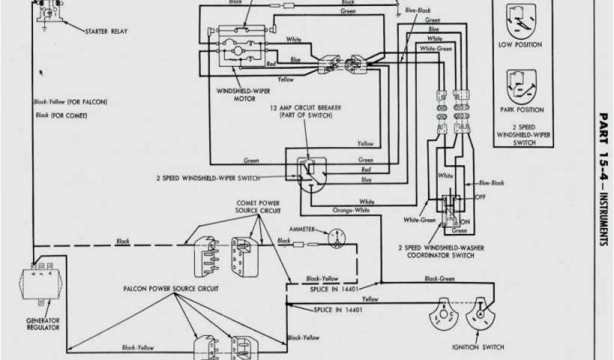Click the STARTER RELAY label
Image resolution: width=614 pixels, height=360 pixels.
pyautogui.click(x=106, y=31)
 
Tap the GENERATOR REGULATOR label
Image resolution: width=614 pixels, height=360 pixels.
pyautogui.click(x=43, y=324)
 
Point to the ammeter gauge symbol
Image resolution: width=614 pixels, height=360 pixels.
pyautogui.click(x=336, y=238)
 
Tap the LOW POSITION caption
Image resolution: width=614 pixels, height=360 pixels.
pyautogui.click(x=520, y=44)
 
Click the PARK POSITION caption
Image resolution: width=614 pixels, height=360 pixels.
pyautogui.click(x=522, y=110)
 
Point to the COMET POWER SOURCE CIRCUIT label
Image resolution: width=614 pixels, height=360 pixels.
pyautogui.click(x=258, y=207)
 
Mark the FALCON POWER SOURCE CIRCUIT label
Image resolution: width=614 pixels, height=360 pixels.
pyautogui.click(x=171, y=289)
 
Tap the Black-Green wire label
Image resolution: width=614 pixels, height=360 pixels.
pyautogui.click(x=440, y=278)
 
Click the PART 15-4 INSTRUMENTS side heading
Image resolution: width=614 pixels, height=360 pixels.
pyautogui.click(x=602, y=177)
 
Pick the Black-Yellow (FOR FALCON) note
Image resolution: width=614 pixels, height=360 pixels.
pyautogui.click(x=70, y=102)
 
